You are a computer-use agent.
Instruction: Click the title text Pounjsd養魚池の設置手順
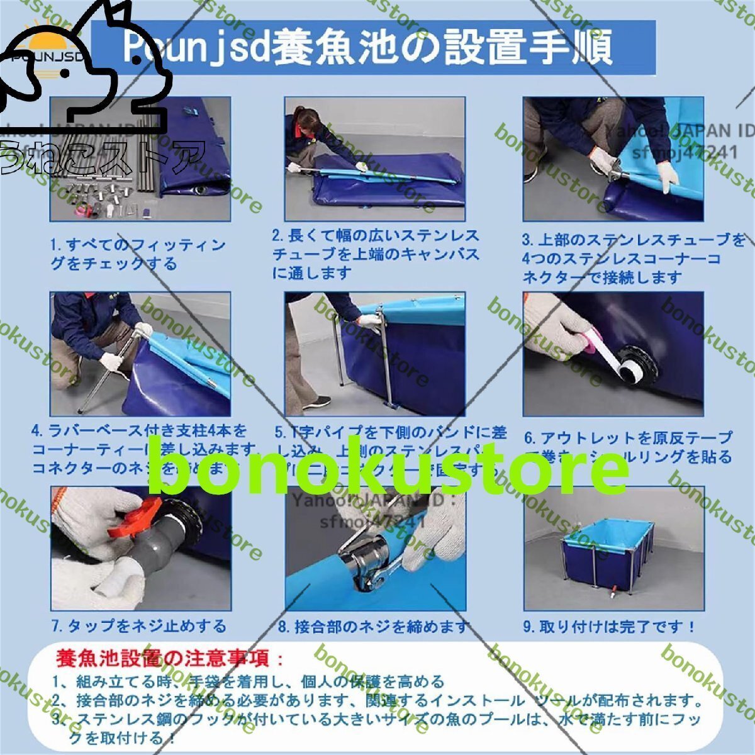[x=368, y=48]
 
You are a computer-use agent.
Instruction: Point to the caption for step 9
[x=610, y=627]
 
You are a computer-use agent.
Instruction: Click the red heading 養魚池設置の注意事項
[x=170, y=659]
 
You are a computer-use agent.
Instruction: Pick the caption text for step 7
[x=138, y=626]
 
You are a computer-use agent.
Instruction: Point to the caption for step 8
[x=374, y=627]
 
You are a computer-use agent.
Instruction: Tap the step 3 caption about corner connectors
[x=632, y=258]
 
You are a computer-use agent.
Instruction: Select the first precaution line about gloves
[x=249, y=681]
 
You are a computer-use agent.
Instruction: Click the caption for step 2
[x=376, y=254]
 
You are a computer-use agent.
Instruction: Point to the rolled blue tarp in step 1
[x=192, y=151]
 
